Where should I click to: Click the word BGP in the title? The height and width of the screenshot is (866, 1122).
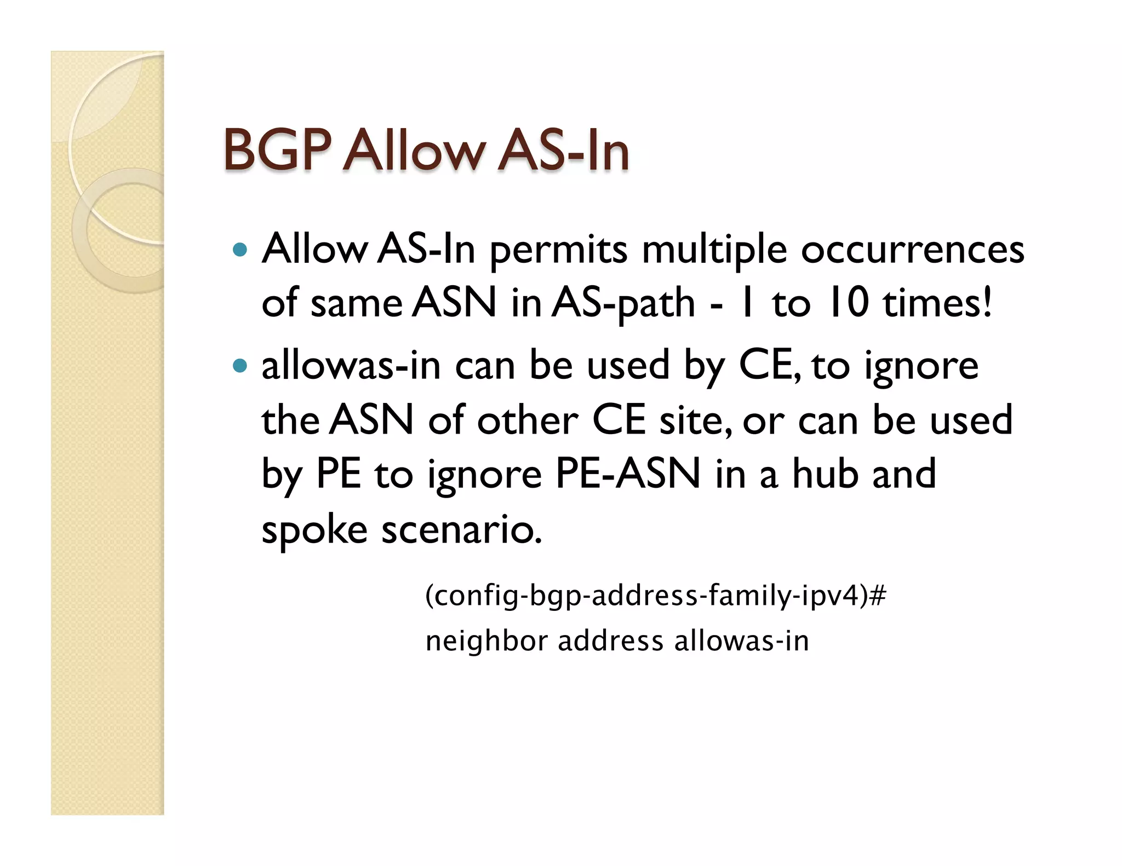278,150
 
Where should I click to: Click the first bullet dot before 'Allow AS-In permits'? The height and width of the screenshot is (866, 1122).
240,250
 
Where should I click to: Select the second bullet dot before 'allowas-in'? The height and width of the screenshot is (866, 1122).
240,365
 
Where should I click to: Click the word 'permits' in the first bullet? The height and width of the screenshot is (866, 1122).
558,251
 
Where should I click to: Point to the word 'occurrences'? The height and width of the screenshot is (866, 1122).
912,250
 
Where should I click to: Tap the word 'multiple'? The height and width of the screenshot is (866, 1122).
714,251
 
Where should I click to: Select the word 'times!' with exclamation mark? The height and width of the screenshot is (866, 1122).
937,302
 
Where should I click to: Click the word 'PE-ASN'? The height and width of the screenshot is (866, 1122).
628,474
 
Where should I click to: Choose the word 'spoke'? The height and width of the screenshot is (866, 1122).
314,530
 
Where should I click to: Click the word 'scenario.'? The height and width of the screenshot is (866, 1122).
462,530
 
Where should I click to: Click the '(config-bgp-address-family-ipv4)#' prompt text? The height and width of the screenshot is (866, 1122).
655,596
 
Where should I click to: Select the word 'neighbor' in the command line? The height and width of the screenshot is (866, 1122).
486,641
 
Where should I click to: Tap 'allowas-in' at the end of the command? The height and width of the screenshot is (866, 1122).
741,641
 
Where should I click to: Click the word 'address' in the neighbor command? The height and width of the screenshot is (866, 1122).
611,641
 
